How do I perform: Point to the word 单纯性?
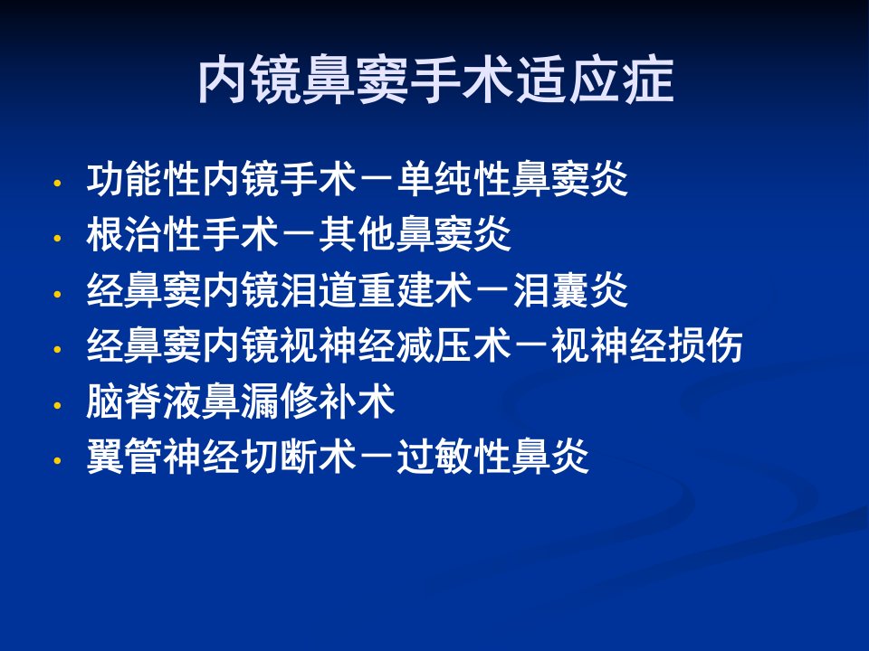pos(454,179)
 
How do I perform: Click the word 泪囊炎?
pos(571,289)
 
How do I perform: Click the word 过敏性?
pos(454,456)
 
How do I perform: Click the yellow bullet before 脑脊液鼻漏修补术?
pos(57,405)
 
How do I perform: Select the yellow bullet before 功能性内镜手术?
pos(57,184)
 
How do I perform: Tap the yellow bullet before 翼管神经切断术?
pos(57,460)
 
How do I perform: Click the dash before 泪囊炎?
pos(493,289)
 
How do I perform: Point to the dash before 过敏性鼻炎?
pos(377,456)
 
